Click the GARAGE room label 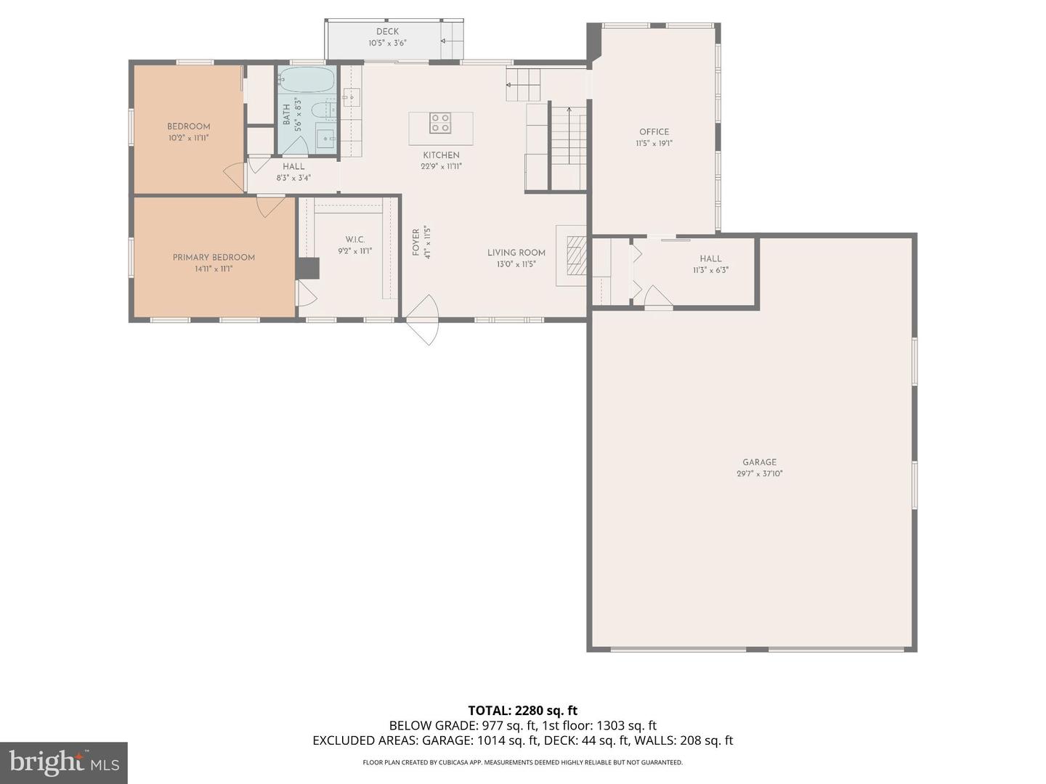(x=759, y=462)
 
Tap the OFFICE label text (x=654, y=132)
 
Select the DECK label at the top (x=387, y=32)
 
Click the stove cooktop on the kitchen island (x=439, y=123)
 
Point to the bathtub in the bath (x=307, y=81)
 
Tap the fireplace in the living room (x=575, y=256)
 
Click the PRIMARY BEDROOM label (x=214, y=258)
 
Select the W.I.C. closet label (x=354, y=240)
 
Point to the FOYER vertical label (x=416, y=242)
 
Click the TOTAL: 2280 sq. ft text (x=522, y=711)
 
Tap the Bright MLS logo (x=64, y=762)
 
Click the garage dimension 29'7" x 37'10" (x=759, y=474)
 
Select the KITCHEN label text (x=441, y=155)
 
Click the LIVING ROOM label (x=516, y=253)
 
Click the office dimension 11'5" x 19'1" (x=654, y=144)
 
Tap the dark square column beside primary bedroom (x=308, y=268)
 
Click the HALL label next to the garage (x=710, y=259)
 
